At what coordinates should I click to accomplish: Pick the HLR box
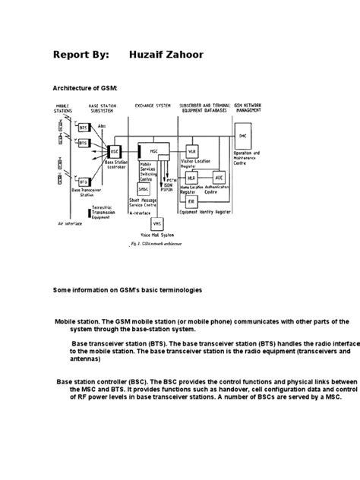(x=194, y=176)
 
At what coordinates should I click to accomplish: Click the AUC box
(x=220, y=180)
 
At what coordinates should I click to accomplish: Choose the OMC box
(x=242, y=136)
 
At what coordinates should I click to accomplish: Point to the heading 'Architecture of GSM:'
(x=84, y=87)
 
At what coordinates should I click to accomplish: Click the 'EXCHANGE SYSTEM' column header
(x=153, y=105)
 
